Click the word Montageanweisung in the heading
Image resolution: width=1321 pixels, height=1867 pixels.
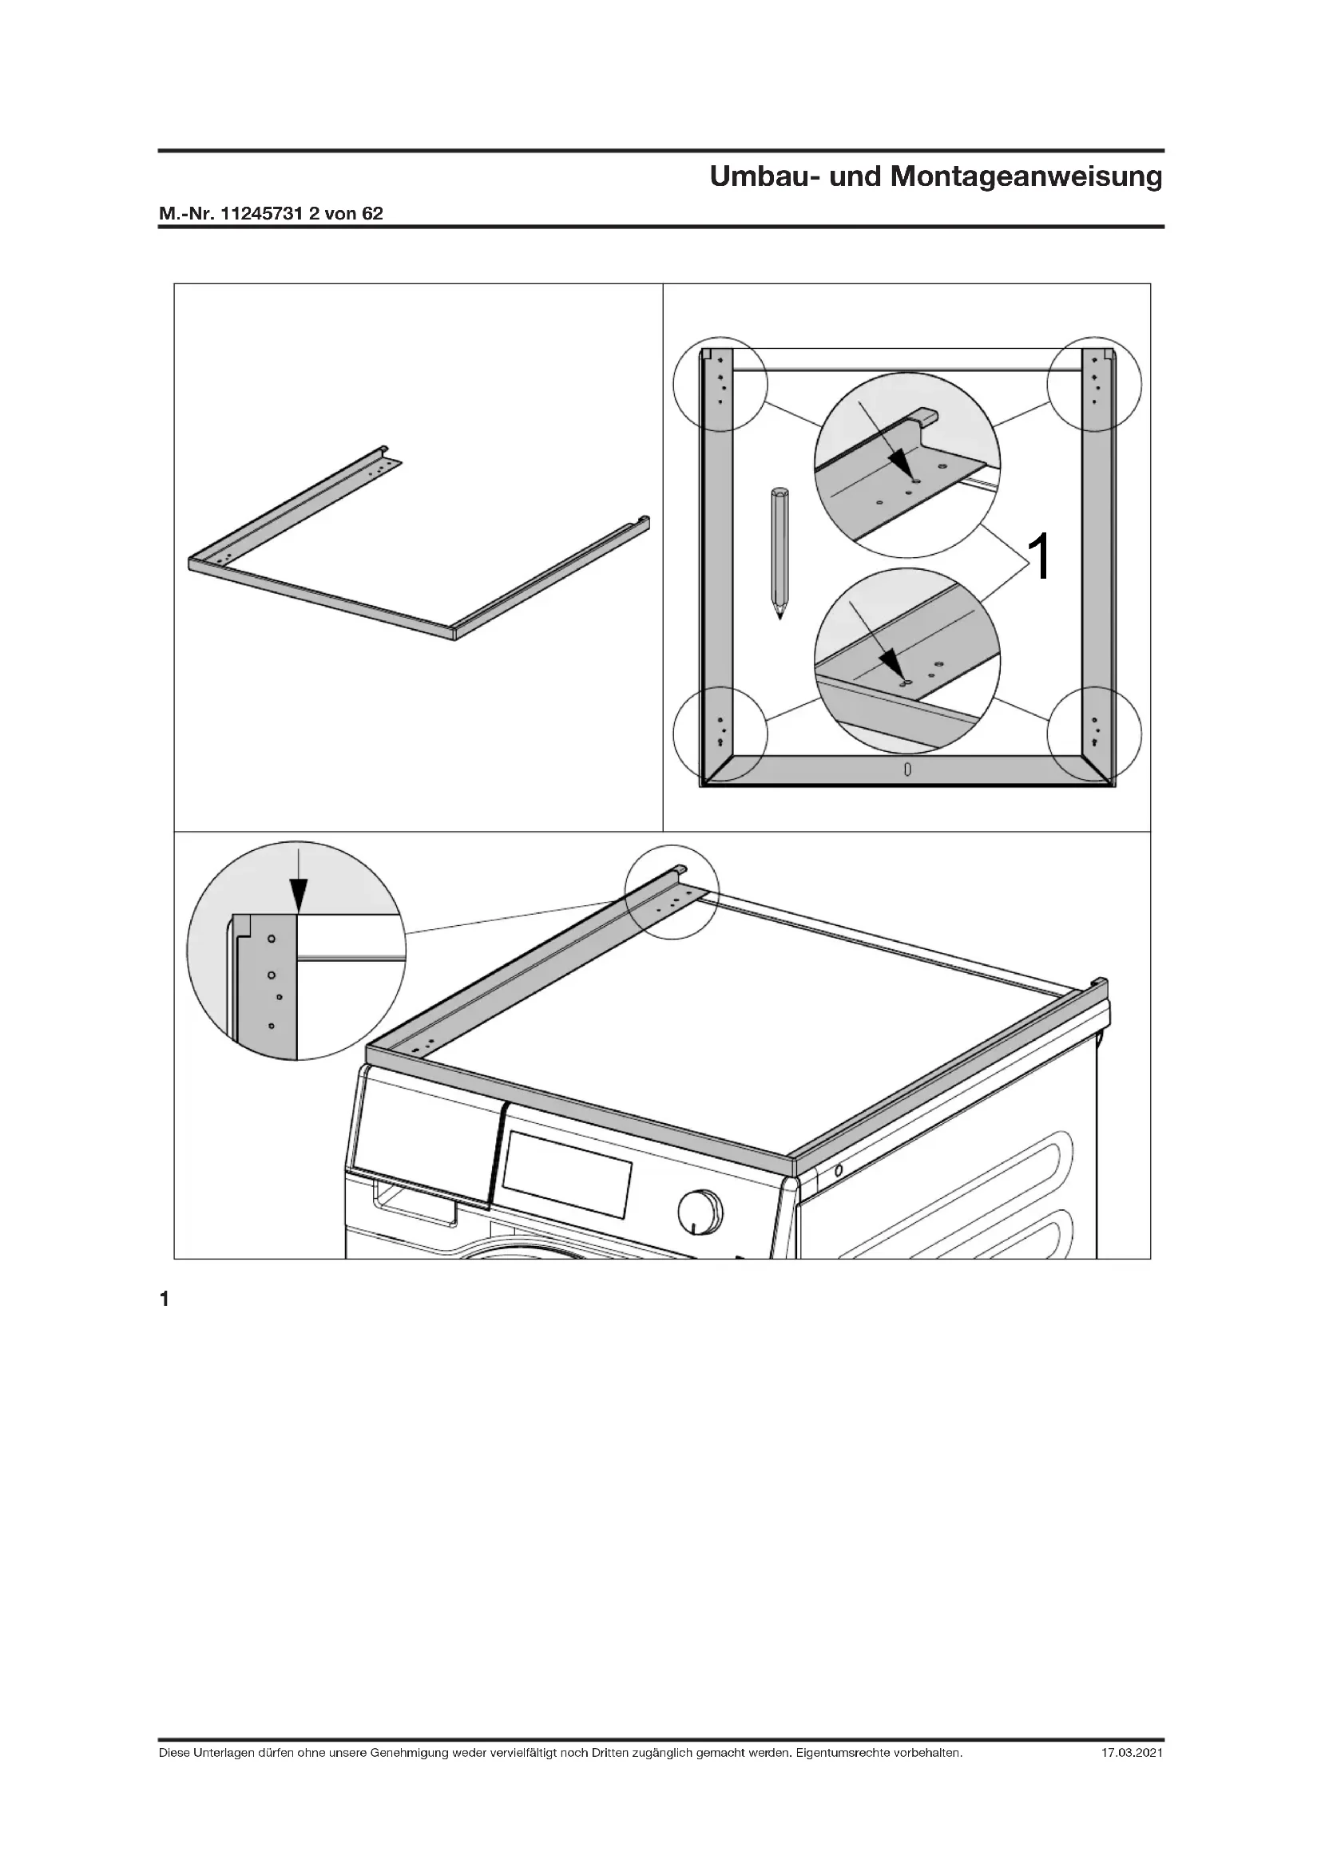point(1026,176)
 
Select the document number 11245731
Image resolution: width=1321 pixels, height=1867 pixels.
point(263,214)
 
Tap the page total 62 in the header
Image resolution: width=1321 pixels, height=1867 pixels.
point(371,214)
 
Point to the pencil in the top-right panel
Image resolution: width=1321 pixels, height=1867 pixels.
point(780,553)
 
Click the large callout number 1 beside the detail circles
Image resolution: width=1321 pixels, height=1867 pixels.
point(1041,556)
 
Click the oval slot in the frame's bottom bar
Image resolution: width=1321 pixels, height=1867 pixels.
point(907,769)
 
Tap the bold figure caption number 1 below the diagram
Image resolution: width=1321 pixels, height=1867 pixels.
point(165,1299)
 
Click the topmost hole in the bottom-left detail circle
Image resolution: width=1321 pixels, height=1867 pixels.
point(272,939)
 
